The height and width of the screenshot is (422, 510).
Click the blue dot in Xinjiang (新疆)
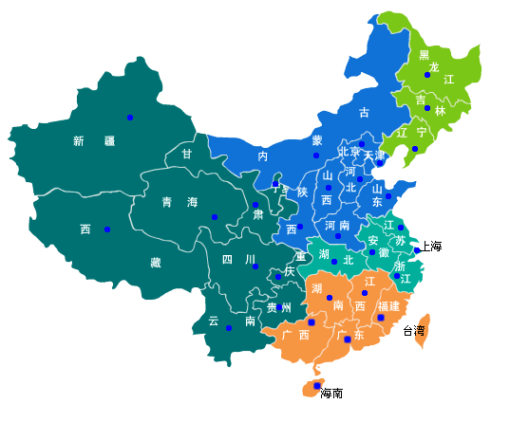pyautogui.click(x=130, y=117)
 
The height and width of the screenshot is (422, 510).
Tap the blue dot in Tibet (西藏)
pyautogui.click(x=106, y=229)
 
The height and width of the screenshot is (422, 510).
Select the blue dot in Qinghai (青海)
pyautogui.click(x=215, y=218)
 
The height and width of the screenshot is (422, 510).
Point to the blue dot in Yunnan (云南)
pyautogui.click(x=229, y=328)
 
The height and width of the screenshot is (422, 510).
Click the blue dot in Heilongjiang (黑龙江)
pyautogui.click(x=427, y=75)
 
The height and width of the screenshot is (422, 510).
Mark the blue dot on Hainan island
pyautogui.click(x=316, y=385)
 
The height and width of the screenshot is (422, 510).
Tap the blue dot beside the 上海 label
pyautogui.click(x=417, y=250)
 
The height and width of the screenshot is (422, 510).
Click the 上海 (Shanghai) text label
pyautogui.click(x=432, y=247)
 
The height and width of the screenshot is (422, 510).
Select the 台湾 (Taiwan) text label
pyautogui.click(x=414, y=331)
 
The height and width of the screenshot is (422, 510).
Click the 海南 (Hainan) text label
pyautogui.click(x=331, y=393)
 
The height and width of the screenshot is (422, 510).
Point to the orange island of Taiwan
pyautogui.click(x=424, y=322)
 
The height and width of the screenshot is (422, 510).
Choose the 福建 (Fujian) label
pyautogui.click(x=388, y=306)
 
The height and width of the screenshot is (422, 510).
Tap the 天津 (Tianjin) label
pyautogui.click(x=375, y=156)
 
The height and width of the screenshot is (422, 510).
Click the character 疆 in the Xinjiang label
pyautogui.click(x=109, y=141)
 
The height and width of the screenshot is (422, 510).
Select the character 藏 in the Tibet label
pyautogui.click(x=155, y=263)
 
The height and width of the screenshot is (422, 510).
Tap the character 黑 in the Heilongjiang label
pyautogui.click(x=424, y=55)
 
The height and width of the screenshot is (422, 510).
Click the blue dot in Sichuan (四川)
pyautogui.click(x=255, y=266)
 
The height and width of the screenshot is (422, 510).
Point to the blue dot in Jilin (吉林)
pyautogui.click(x=427, y=108)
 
